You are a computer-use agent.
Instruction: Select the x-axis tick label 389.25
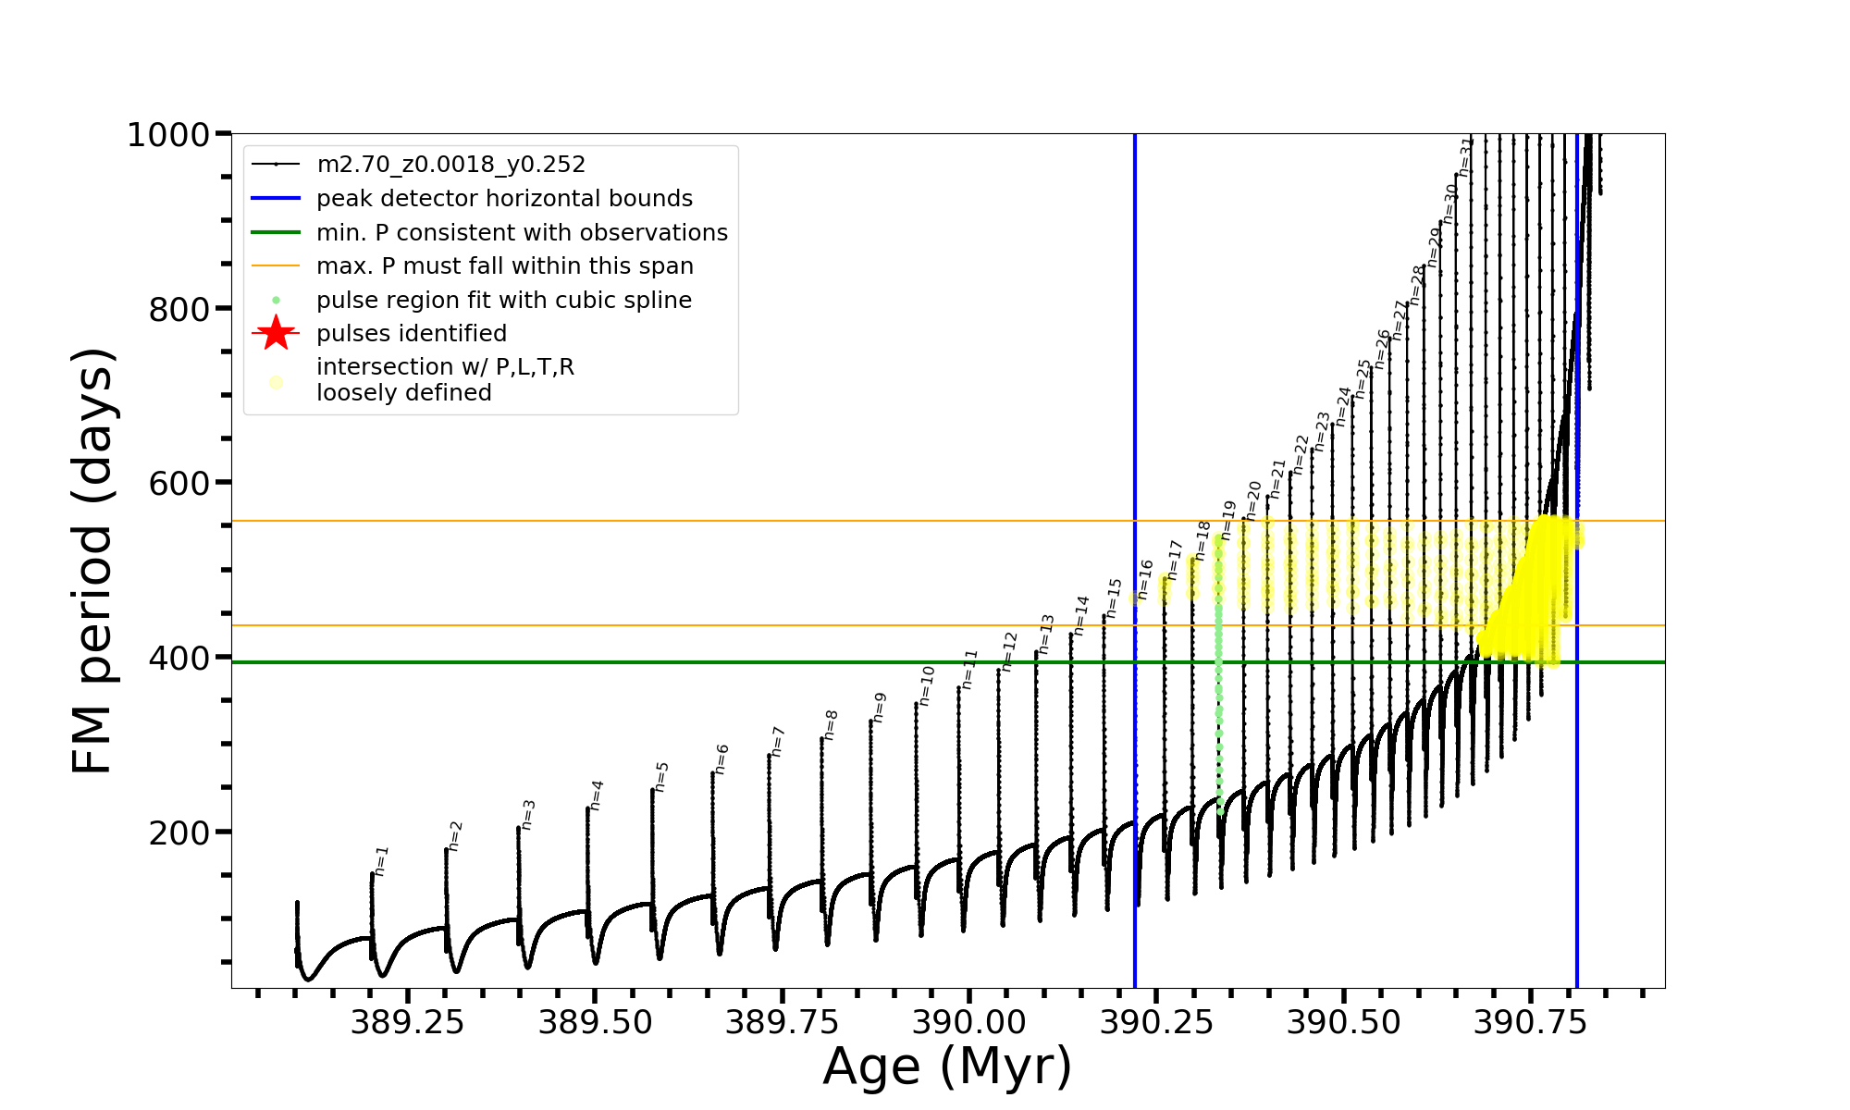click(408, 1022)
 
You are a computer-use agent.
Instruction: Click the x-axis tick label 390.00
click(969, 1022)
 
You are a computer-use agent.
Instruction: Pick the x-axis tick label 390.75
click(1530, 1022)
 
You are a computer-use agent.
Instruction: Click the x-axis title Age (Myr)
click(947, 1067)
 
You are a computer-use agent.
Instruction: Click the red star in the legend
click(276, 333)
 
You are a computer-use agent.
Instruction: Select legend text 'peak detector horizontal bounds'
click(504, 199)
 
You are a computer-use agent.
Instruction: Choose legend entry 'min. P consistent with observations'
click(522, 232)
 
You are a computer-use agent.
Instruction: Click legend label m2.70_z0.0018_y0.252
click(450, 165)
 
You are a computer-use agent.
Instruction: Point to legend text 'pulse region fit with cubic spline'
click(503, 301)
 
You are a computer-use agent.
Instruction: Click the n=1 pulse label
click(381, 860)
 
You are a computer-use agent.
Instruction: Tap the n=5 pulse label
click(661, 777)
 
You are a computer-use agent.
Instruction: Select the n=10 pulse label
click(927, 685)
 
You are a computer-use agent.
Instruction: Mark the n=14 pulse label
click(1081, 615)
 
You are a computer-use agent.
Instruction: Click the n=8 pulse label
click(831, 724)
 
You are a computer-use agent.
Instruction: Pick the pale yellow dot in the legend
click(276, 382)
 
